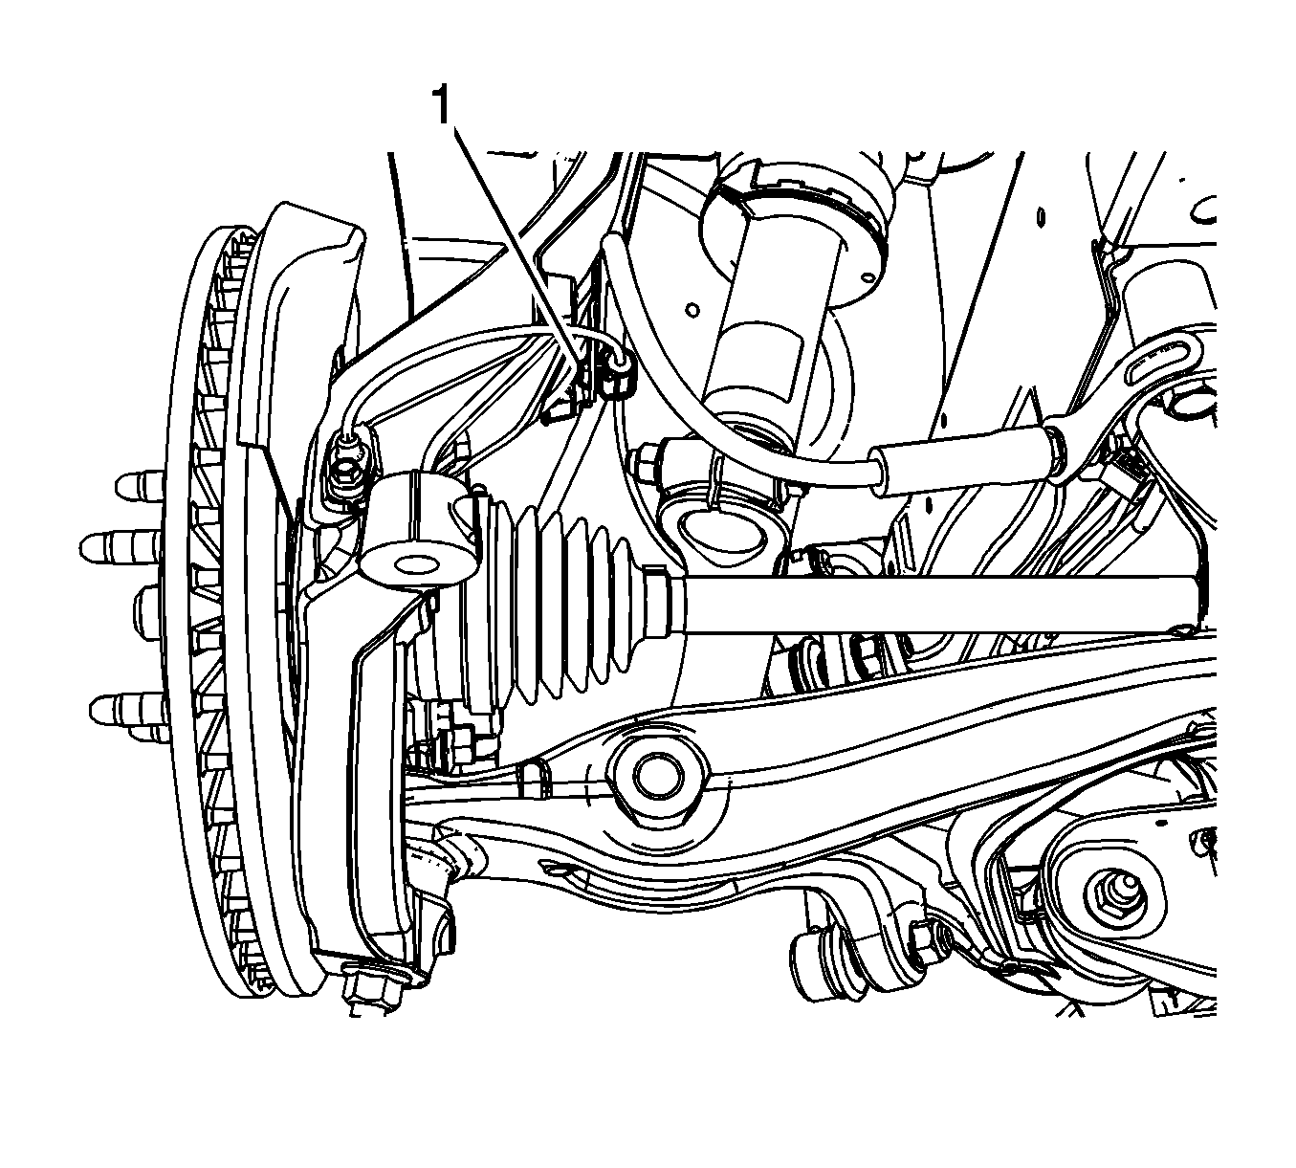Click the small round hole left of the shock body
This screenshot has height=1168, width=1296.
click(x=693, y=311)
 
